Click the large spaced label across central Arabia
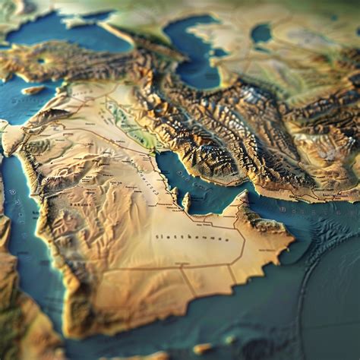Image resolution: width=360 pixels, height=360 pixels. tap(191, 237)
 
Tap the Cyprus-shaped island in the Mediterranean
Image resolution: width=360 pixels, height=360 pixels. tap(33, 90)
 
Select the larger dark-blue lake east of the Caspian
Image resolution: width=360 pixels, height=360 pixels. tap(261, 33)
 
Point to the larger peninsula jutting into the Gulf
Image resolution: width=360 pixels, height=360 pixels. tap(185, 201)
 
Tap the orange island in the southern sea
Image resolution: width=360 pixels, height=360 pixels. tap(202, 349)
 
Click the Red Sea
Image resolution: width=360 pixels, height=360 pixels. tap(23, 228)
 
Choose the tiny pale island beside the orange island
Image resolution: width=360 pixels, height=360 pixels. tap(229, 339)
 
